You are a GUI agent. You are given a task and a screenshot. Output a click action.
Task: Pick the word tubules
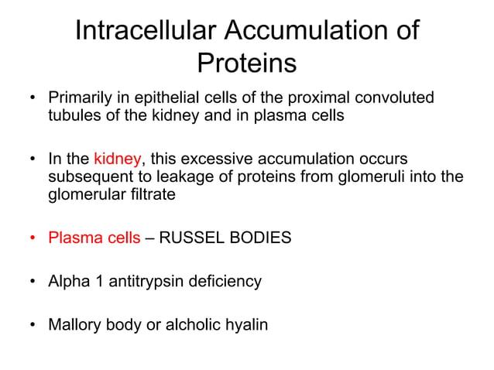72,115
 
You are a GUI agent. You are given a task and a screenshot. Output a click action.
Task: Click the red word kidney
117,159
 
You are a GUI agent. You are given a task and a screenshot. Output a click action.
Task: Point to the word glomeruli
345,176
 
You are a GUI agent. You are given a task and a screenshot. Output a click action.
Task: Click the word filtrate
153,194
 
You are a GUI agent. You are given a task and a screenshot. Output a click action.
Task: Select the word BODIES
262,238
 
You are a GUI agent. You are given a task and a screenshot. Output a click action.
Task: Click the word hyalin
247,324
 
